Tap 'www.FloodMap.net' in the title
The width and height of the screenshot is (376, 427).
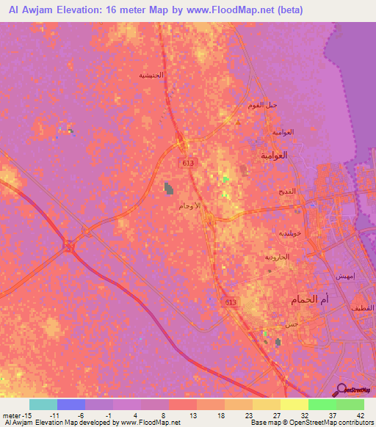click(231, 10)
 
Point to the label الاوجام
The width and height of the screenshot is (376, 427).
click(189, 207)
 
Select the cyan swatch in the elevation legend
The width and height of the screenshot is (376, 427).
click(43, 404)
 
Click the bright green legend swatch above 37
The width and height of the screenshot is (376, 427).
click(322, 404)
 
